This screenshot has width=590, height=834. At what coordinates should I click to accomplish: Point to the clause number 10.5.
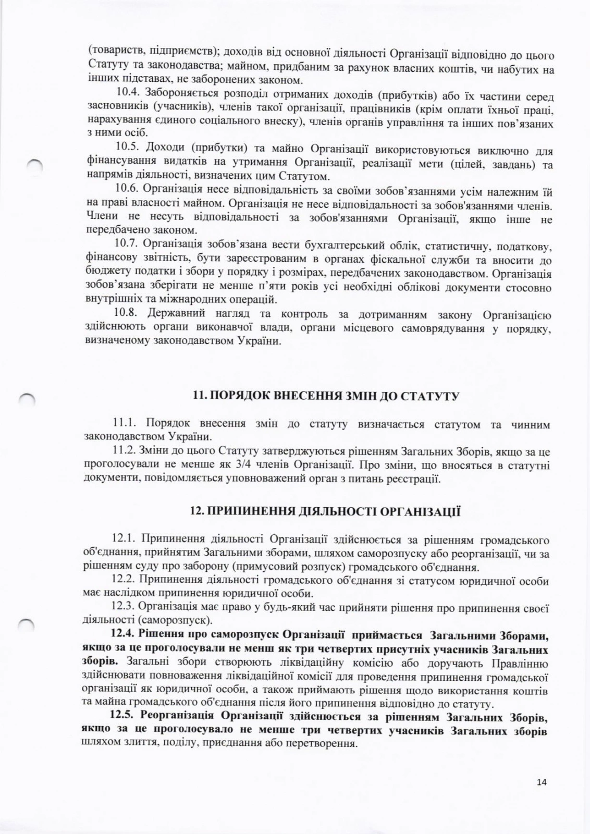pyautogui.click(x=127, y=150)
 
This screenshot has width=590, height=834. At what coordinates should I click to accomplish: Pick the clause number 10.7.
pyautogui.click(x=127, y=244)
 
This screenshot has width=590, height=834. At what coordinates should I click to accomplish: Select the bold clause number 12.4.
pyautogui.click(x=124, y=635)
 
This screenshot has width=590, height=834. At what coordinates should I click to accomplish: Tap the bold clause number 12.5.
pyautogui.click(x=124, y=718)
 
